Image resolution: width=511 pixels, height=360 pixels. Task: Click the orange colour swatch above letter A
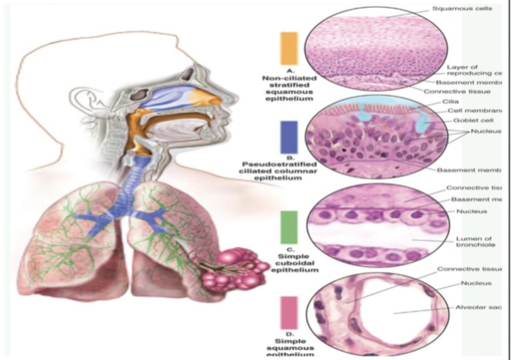click(x=289, y=48)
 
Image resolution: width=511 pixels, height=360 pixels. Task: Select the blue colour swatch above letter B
click(x=289, y=137)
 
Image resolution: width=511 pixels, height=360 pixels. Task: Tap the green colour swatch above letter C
click(x=289, y=227)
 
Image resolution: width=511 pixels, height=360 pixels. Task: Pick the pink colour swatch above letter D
click(x=289, y=312)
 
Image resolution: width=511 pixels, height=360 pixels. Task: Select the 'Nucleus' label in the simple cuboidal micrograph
click(x=468, y=211)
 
